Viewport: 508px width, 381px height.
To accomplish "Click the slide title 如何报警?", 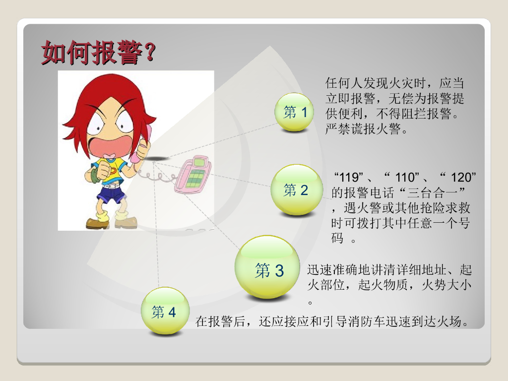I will [99, 53].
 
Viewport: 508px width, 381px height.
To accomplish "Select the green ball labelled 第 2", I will [297, 190].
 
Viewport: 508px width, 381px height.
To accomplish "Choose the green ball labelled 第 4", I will [165, 311].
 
